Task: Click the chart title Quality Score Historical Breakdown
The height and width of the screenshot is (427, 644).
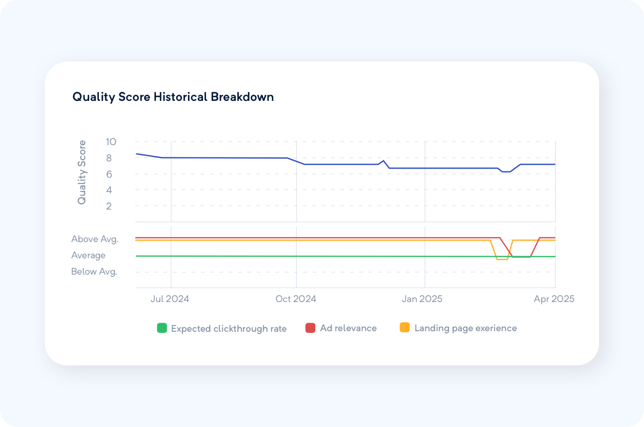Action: tap(173, 97)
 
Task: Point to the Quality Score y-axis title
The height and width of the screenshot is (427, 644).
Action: tap(82, 172)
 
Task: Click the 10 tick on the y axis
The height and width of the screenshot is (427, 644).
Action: tap(111, 142)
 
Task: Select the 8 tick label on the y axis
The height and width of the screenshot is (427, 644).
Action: tap(109, 158)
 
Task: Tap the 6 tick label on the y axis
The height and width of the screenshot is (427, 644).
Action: tap(109, 174)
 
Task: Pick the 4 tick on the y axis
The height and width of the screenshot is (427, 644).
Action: tap(109, 190)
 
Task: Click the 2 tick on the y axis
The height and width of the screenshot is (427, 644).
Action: tap(109, 206)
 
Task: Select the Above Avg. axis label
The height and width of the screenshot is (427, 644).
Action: tap(95, 239)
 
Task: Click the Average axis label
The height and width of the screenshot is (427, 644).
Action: tap(88, 256)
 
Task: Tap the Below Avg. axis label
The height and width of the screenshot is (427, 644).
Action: tap(94, 272)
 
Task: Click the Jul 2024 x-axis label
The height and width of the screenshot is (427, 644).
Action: tap(170, 299)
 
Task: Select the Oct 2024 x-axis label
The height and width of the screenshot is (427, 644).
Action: tap(296, 299)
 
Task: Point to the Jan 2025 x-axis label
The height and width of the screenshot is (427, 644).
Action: tap(422, 299)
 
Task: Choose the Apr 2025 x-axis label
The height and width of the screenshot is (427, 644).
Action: tap(554, 299)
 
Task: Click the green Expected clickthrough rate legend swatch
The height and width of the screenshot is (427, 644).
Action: tap(162, 328)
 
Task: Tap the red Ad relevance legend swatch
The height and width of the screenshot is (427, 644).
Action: tap(310, 328)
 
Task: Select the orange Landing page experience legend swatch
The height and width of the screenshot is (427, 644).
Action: tap(404, 328)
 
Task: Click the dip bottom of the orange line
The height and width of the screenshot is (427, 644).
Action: tap(502, 259)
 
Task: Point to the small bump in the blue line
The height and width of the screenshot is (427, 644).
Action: tap(383, 161)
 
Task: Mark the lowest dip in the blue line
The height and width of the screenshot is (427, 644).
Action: tap(506, 171)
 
